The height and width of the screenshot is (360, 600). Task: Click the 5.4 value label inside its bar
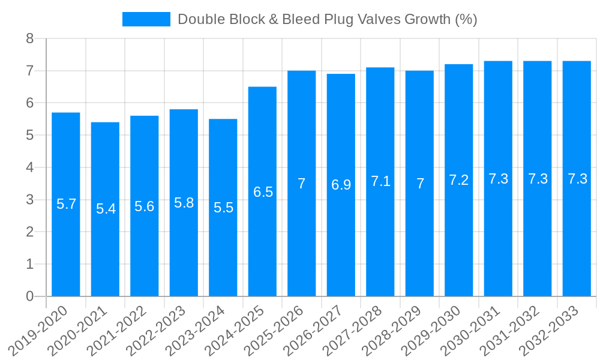click(106, 209)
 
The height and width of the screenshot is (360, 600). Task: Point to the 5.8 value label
click(184, 203)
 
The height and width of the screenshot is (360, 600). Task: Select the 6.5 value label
click(263, 192)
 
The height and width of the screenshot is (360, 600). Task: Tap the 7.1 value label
click(380, 181)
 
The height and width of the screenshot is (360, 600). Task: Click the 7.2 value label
click(459, 180)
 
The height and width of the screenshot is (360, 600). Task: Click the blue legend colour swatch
click(146, 19)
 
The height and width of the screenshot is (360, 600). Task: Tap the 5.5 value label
click(223, 208)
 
